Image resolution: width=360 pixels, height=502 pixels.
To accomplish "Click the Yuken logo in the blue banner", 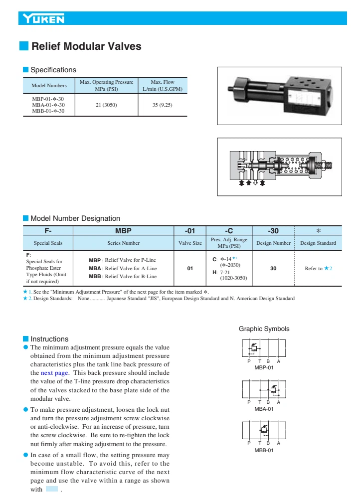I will pyautogui.click(x=44, y=19).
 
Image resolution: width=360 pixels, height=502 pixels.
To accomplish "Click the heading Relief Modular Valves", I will pyautogui.click(x=86, y=46).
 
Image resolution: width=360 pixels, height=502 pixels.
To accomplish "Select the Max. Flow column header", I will pyautogui.click(x=162, y=85).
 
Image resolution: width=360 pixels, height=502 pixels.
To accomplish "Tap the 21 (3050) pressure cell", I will pyautogui.click(x=106, y=105).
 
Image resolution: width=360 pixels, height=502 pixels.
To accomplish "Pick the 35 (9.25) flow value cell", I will pyautogui.click(x=162, y=105).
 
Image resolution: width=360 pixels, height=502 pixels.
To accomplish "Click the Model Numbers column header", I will pyautogui.click(x=49, y=86).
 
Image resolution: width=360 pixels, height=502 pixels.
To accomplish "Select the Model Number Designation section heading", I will pyautogui.click(x=75, y=218).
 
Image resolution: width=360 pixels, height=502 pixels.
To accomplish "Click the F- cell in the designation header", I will pyautogui.click(x=48, y=231).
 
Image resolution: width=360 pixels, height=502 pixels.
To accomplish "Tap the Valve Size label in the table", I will pyautogui.click(x=190, y=243).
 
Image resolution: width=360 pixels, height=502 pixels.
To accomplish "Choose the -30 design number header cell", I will pyautogui.click(x=273, y=231).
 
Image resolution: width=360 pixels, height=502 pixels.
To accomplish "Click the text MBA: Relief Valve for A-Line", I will pyautogui.click(x=122, y=268).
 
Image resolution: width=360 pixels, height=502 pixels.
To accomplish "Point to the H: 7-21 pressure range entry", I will pyautogui.click(x=221, y=272).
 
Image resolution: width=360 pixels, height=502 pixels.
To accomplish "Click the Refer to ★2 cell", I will pyautogui.click(x=318, y=268).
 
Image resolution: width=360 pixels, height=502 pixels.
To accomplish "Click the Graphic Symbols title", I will pyautogui.click(x=264, y=329).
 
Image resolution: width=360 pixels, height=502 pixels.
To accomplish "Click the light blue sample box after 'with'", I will pyautogui.click(x=52, y=490).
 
